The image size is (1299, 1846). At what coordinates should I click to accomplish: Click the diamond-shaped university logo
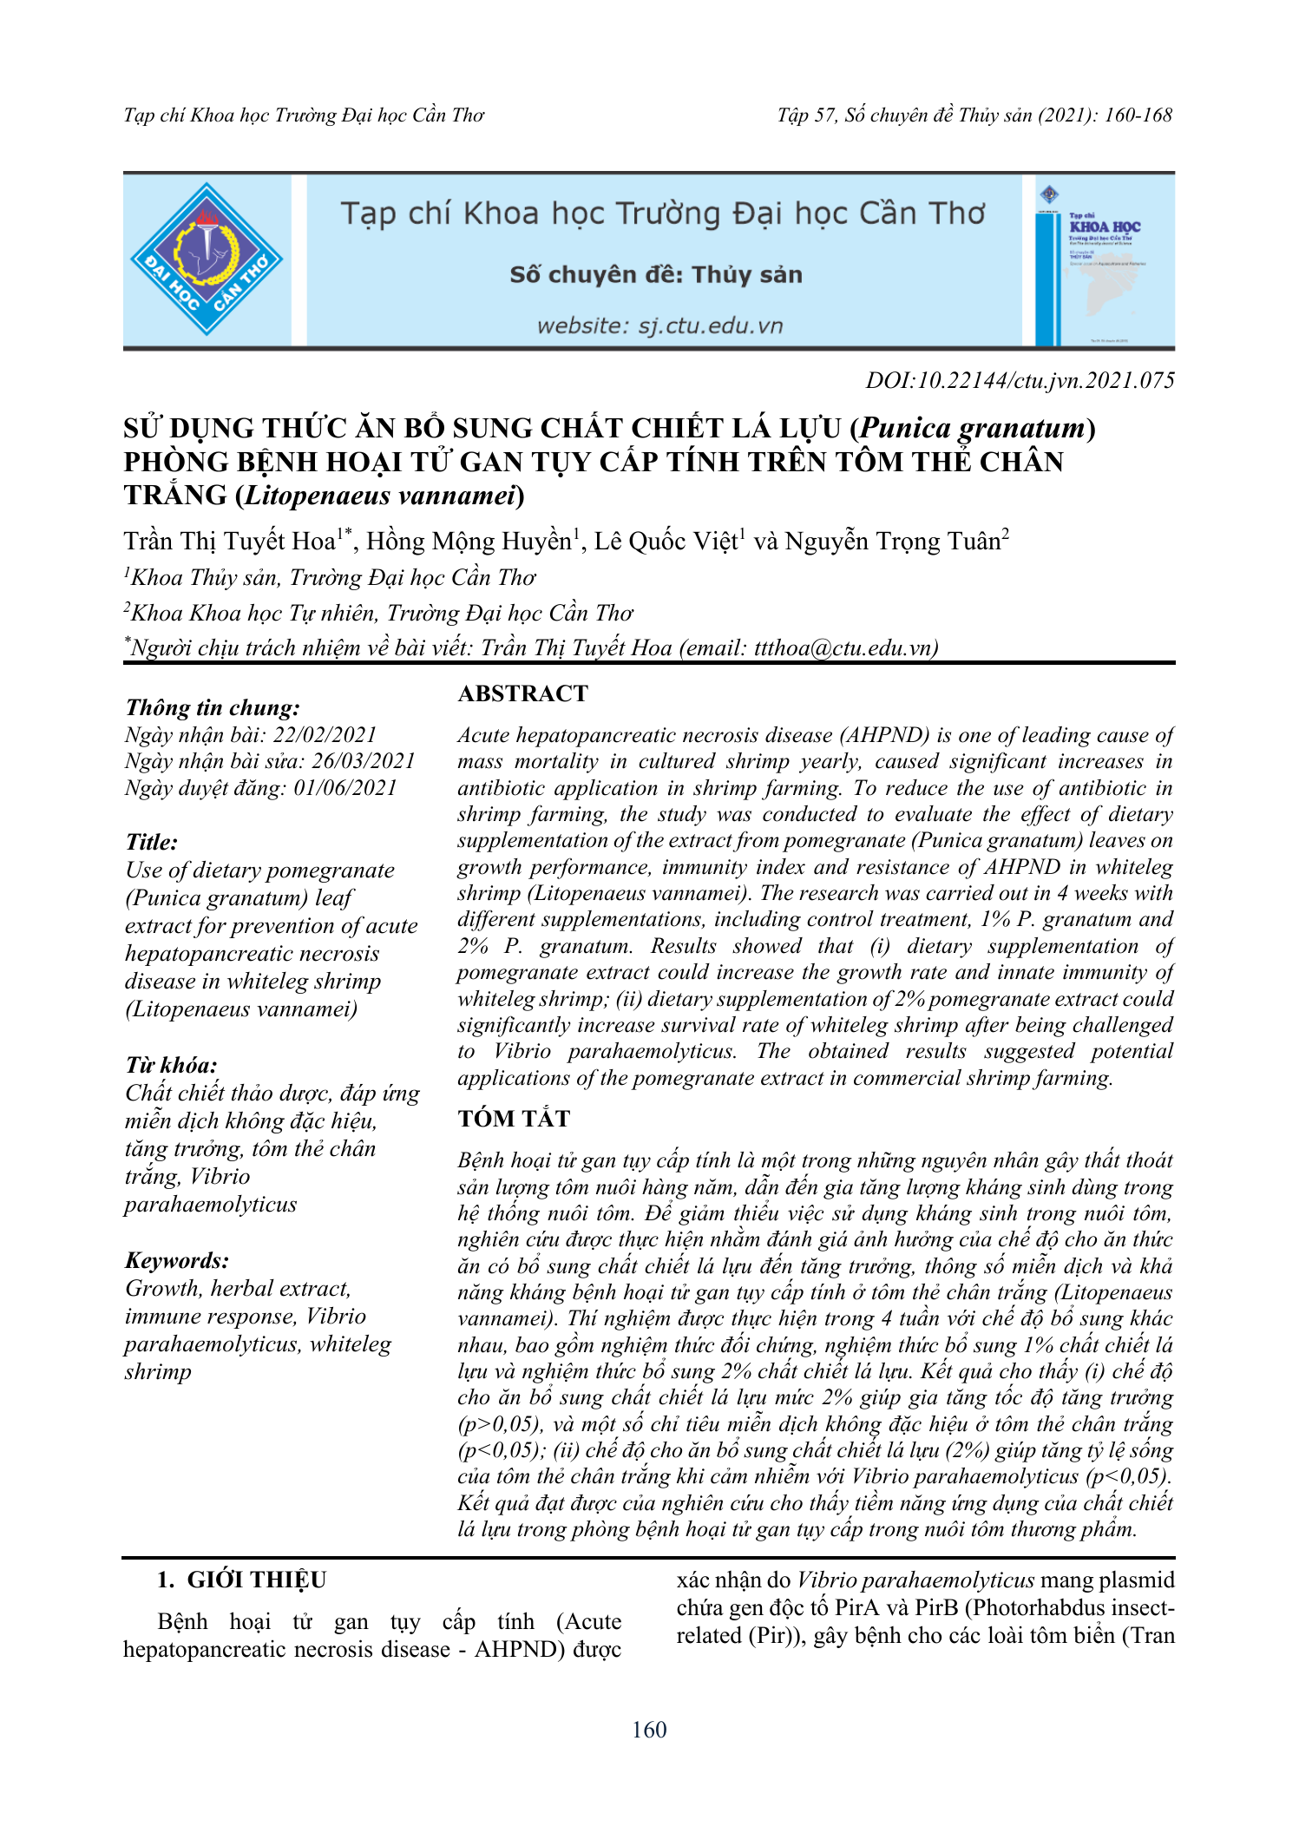[x=207, y=259]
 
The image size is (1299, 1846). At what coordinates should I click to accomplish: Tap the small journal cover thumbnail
[x=1105, y=260]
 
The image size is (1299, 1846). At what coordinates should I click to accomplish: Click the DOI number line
[x=1020, y=380]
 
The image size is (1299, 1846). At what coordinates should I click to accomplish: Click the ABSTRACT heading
[x=522, y=693]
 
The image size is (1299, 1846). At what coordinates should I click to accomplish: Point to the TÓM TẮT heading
[x=514, y=1119]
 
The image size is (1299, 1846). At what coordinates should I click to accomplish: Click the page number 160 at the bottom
[x=649, y=1730]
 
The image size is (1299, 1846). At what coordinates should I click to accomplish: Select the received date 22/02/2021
[x=325, y=735]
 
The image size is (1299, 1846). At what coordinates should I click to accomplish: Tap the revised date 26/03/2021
[x=364, y=761]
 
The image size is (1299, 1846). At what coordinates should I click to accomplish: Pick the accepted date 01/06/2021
[x=345, y=788]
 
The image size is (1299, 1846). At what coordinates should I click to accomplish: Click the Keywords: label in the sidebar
[x=177, y=1260]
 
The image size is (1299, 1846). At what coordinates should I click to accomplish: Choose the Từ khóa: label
[x=171, y=1065]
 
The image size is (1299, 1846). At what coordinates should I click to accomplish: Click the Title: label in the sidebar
[x=152, y=842]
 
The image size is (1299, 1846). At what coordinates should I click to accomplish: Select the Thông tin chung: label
[x=213, y=707]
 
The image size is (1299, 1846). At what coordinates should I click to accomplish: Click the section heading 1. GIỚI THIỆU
[x=241, y=1580]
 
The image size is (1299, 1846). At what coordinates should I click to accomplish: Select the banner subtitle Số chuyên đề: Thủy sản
[x=656, y=275]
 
